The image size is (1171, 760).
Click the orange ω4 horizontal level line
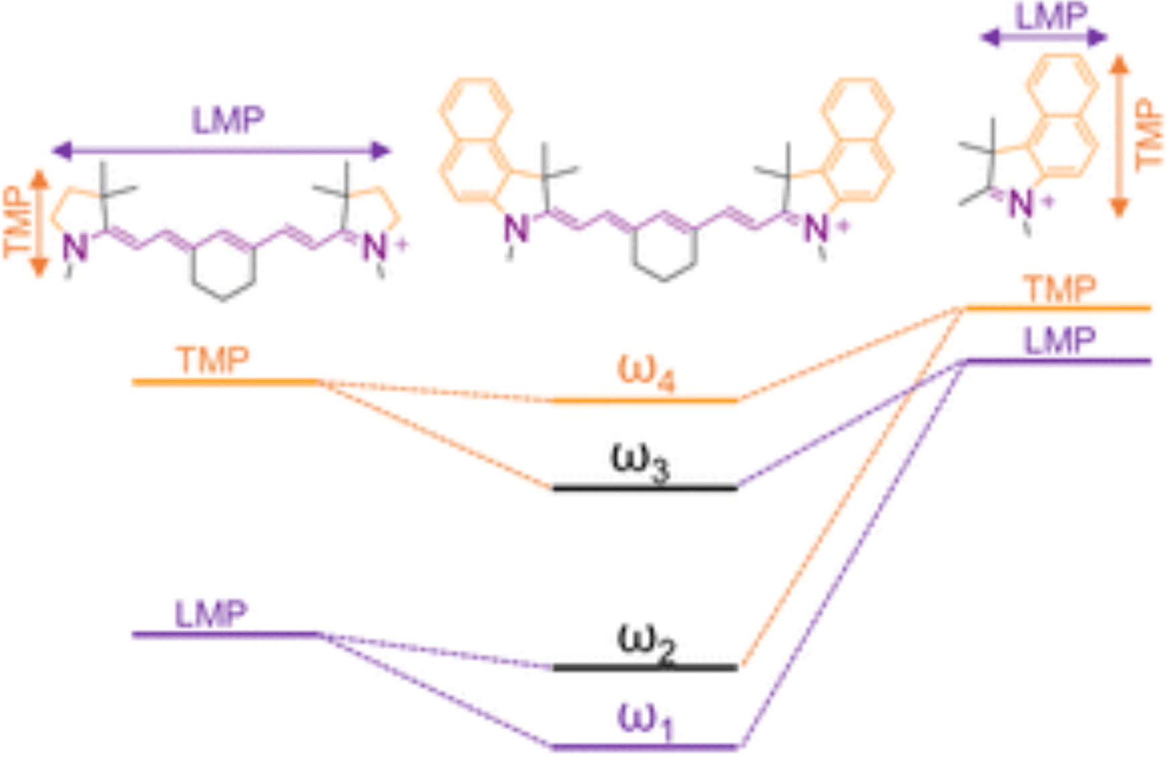[x=645, y=401]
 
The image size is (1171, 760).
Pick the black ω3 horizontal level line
[x=645, y=488]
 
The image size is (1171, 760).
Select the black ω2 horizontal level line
[x=645, y=667]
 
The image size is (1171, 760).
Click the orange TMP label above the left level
[x=213, y=361]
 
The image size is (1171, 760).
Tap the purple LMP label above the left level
[x=211, y=613]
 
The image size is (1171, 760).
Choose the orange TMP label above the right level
[x=1061, y=289]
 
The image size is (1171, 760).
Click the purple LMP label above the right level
[x=1060, y=341]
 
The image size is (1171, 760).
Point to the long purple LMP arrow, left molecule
[x=221, y=151]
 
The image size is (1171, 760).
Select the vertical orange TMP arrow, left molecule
[x=39, y=223]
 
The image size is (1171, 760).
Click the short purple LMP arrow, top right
[x=1044, y=38]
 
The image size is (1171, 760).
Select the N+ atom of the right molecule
[x=1022, y=203]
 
